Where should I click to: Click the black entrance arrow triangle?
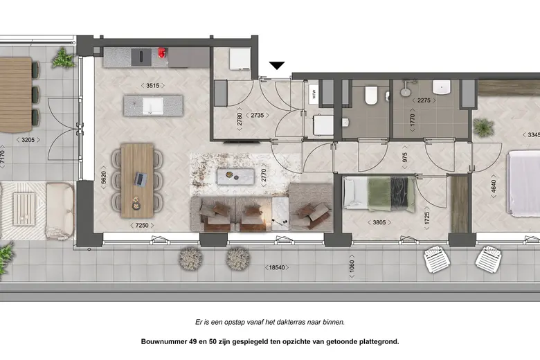(276, 66)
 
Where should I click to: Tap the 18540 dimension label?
(277, 267)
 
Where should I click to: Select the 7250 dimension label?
(142, 225)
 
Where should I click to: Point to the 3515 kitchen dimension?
(152, 85)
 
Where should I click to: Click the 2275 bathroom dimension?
(424, 100)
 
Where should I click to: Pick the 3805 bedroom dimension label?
(379, 222)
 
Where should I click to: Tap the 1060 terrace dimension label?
(352, 267)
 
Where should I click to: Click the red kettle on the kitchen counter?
(161, 53)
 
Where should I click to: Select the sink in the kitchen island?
(153, 105)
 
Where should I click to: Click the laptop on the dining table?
(140, 179)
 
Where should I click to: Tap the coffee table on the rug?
(235, 177)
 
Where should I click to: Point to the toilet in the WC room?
(371, 95)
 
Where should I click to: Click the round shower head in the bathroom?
(404, 91)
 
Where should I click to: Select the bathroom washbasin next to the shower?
(442, 87)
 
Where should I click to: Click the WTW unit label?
(314, 94)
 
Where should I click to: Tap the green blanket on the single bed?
(379, 194)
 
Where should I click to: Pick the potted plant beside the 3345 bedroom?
(483, 127)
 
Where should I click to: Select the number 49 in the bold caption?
(192, 342)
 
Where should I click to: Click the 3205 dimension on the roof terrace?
(28, 140)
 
